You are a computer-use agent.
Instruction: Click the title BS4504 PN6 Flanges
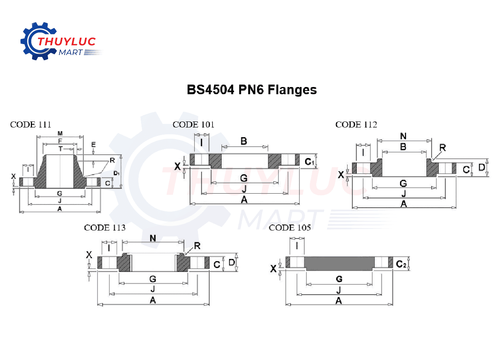(252, 90)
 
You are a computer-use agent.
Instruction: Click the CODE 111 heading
(31, 125)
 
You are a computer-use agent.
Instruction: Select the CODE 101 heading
(194, 125)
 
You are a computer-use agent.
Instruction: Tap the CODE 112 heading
(356, 125)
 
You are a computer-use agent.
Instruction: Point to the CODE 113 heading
(105, 228)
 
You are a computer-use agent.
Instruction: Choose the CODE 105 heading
(290, 228)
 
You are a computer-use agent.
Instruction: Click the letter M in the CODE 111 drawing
(60, 133)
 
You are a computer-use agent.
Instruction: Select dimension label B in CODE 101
(244, 141)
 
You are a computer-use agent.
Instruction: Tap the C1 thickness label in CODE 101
(309, 162)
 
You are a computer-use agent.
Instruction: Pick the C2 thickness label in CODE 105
(401, 264)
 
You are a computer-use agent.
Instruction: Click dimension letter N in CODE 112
(403, 136)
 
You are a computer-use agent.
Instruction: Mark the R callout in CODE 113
(197, 245)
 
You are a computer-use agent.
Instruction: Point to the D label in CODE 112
(482, 167)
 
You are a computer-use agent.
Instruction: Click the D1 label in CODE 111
(116, 173)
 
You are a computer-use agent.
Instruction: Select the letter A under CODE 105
(339, 301)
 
